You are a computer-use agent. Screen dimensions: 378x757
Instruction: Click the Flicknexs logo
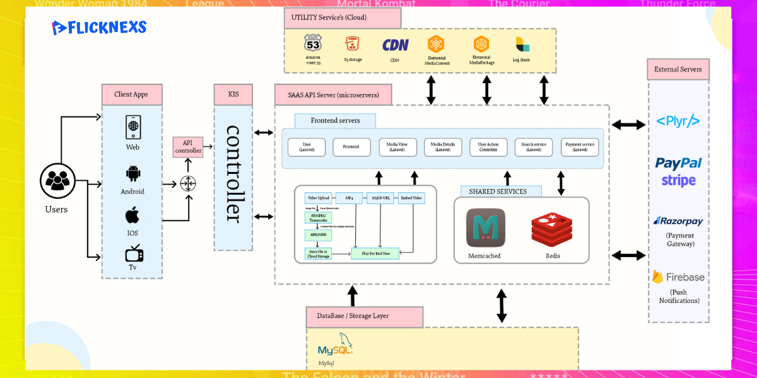click(x=99, y=28)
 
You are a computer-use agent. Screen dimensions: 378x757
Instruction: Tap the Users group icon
click(x=57, y=181)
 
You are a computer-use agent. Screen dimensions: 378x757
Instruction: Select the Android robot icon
click(x=132, y=173)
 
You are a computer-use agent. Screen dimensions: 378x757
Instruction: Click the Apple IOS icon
click(x=132, y=216)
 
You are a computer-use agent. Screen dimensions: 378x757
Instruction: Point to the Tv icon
click(x=134, y=253)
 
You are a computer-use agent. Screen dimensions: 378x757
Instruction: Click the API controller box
click(x=188, y=147)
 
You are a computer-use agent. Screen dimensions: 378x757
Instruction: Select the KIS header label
click(x=233, y=94)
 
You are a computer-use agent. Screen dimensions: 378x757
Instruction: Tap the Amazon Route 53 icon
click(x=313, y=43)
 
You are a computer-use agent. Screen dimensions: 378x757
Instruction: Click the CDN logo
click(x=395, y=45)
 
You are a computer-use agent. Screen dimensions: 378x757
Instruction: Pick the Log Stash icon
click(x=521, y=45)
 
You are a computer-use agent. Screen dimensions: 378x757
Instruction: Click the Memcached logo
click(x=485, y=227)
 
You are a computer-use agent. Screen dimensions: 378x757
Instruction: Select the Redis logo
click(x=551, y=229)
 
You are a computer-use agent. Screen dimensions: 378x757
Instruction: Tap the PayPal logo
click(x=678, y=163)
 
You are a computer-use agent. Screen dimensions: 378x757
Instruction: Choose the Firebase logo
click(x=678, y=277)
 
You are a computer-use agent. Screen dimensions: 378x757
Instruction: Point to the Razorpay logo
click(x=678, y=221)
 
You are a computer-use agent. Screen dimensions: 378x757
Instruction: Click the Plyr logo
click(x=678, y=121)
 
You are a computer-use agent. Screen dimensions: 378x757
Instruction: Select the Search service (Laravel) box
click(x=534, y=147)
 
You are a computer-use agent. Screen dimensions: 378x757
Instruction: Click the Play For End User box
click(x=375, y=254)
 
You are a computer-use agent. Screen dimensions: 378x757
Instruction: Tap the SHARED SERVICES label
click(x=498, y=192)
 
